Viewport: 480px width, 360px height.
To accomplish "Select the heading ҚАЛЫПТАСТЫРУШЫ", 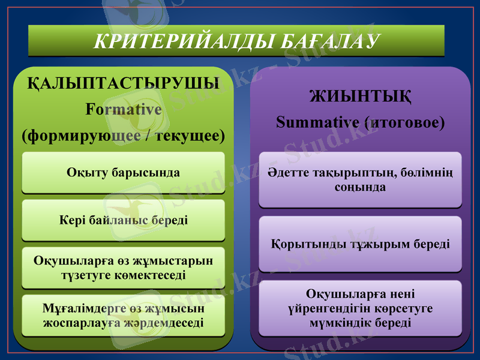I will (x=124, y=83).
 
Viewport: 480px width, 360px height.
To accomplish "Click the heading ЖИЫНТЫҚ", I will (x=360, y=96).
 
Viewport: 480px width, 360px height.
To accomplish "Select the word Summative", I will (x=317, y=122).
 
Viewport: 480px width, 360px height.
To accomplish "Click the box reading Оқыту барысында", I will (x=124, y=173).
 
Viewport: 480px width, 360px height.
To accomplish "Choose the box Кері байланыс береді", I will (x=124, y=220).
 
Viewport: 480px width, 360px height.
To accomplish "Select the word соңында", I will (x=360, y=187).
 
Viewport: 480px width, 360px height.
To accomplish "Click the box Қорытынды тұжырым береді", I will (x=360, y=245).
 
